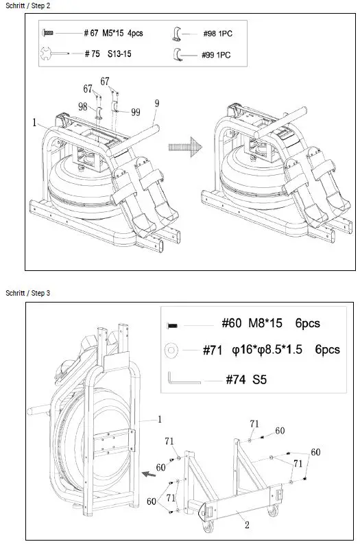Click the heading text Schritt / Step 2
click(27, 5)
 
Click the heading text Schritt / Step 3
click(27, 293)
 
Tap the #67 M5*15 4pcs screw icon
click(47, 34)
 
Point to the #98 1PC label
click(217, 34)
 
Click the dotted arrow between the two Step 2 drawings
click(185, 147)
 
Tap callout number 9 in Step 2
click(157, 104)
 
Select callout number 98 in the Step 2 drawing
click(82, 106)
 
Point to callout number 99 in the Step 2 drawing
click(136, 112)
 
